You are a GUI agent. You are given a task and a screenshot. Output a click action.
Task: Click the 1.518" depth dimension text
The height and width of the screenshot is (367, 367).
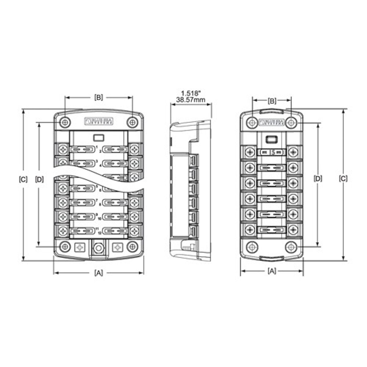coord(191,93)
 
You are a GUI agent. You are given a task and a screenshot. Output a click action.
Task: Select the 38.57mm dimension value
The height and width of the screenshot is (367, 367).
coord(191,100)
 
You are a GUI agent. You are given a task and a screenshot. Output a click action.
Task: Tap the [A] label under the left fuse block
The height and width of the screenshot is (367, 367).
coord(98,272)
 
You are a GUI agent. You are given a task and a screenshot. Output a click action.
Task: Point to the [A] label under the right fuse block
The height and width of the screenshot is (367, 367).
coord(272,271)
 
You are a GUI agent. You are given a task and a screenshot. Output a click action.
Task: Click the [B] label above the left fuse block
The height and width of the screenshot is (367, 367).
coord(98,98)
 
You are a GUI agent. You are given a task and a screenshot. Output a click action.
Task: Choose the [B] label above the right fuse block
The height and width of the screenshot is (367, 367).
coord(272,100)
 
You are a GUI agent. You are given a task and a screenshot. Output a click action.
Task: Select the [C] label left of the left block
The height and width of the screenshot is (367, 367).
coord(23,180)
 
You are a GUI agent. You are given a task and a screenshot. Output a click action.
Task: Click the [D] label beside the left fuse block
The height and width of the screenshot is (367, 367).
coord(39,180)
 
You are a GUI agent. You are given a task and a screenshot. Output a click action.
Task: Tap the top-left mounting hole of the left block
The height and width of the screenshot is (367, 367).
coord(65,122)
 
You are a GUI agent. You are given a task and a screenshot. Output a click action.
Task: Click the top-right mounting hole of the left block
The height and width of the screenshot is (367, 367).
coord(132,122)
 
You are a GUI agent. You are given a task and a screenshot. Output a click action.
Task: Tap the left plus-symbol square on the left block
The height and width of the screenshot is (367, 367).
coord(80,247)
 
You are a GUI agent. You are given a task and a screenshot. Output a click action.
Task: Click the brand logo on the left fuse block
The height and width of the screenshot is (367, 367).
coord(98,121)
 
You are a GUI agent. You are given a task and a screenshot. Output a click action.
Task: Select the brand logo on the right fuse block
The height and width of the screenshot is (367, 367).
coord(272,122)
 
